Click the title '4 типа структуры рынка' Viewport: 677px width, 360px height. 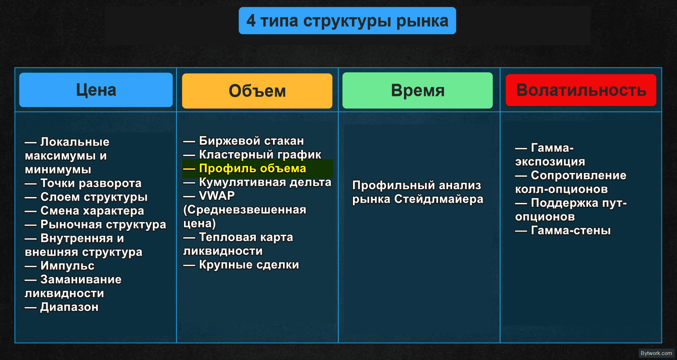pyautogui.click(x=347, y=21)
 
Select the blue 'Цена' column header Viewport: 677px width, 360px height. pyautogui.click(x=96, y=90)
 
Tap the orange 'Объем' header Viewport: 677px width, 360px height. pyautogui.click(x=257, y=91)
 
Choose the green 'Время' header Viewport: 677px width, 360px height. pyautogui.click(x=418, y=90)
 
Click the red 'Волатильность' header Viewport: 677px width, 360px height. pyautogui.click(x=581, y=90)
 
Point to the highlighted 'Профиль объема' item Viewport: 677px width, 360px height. pyautogui.click(x=253, y=168)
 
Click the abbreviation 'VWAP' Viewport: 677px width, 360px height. pyautogui.click(x=217, y=196)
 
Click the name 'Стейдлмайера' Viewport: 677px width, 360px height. pyautogui.click(x=439, y=199)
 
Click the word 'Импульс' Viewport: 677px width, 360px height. pyautogui.click(x=67, y=266)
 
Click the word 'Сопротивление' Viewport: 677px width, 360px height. pyautogui.click(x=579, y=175)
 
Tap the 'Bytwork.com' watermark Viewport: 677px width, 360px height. pyautogui.click(x=656, y=353)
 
